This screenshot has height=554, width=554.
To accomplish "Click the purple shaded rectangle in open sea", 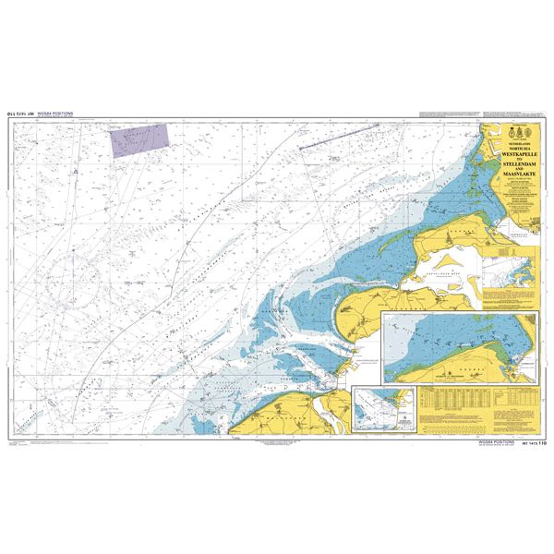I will tap(139, 141).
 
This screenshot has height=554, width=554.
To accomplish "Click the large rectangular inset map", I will tap(462, 347).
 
